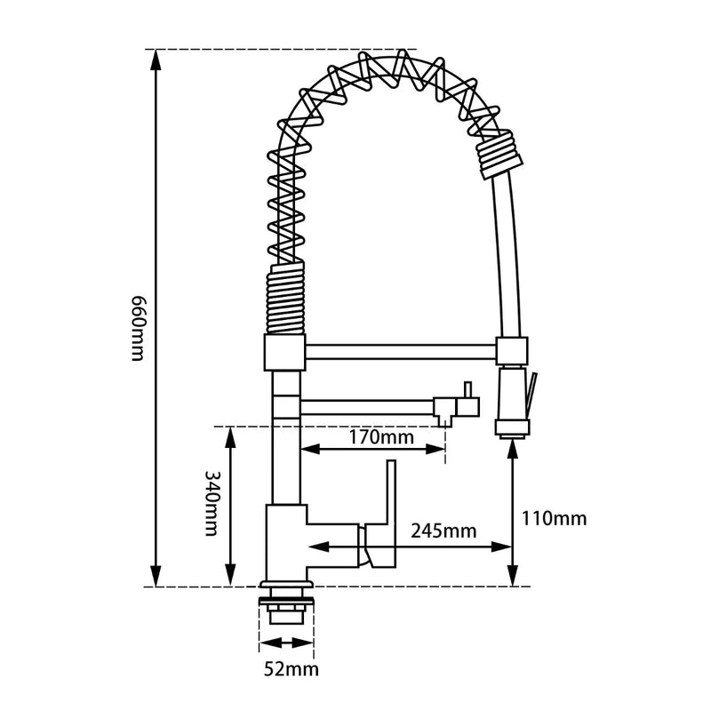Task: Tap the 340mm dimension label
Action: (212, 503)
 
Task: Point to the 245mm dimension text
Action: (443, 531)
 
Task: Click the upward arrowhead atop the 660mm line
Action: (156, 59)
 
